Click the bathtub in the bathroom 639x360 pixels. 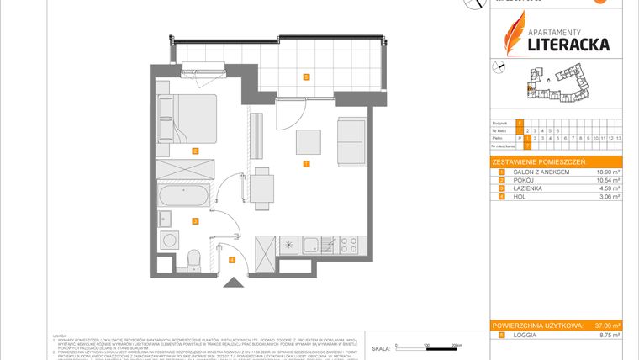[x=185, y=200]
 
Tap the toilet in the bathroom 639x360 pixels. [x=194, y=256]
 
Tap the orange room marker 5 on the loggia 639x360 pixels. [x=307, y=77]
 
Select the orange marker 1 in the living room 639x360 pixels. [x=307, y=164]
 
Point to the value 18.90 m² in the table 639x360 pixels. [x=605, y=172]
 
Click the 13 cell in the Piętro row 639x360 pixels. [x=619, y=137]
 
